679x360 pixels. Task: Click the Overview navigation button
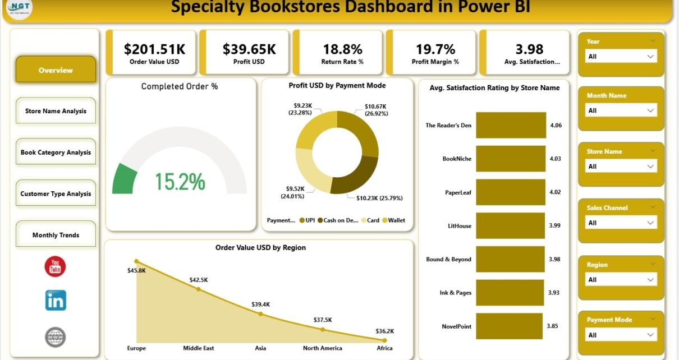tap(56, 70)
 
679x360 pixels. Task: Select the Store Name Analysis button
tap(56, 111)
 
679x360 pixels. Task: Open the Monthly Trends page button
tap(56, 235)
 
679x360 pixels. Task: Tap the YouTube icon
tap(55, 266)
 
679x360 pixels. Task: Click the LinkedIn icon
tap(56, 301)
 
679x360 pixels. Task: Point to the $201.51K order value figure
tap(154, 49)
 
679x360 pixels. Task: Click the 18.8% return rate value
tap(342, 49)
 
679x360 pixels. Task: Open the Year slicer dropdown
tap(621, 57)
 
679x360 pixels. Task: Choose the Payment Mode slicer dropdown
tap(621, 335)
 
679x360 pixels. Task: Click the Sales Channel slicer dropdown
tap(621, 223)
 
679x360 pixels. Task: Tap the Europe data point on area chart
tap(136, 261)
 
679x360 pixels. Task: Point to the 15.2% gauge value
tap(180, 181)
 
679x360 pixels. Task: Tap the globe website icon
tap(56, 337)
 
